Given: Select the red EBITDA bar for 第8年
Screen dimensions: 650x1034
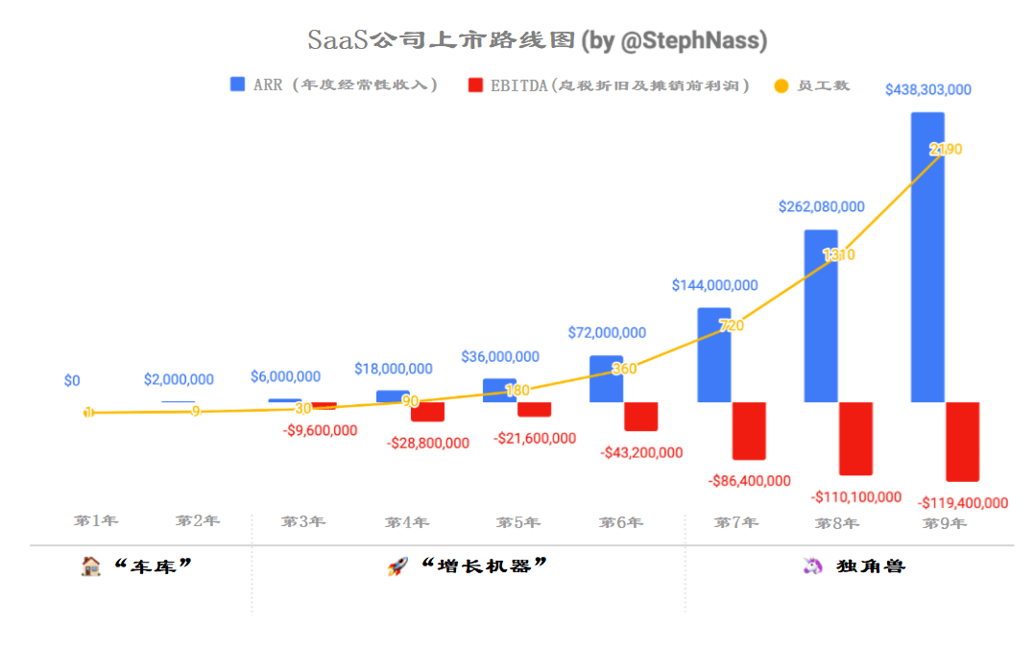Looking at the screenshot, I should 855,438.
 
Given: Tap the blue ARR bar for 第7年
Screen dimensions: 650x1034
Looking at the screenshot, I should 713,354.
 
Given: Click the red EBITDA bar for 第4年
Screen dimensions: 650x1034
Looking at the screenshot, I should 427,412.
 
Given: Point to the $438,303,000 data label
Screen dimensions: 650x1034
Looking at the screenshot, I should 927,90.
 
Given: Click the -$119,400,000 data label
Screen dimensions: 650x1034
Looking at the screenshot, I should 963,503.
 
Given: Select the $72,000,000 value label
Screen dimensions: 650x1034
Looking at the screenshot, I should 607,333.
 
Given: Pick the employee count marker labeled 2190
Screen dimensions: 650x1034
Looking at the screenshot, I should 945,150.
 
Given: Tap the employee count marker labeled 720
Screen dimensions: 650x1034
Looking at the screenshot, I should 731,326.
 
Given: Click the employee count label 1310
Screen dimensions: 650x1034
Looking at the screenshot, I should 838,255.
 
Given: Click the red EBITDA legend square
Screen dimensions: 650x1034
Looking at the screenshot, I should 475,84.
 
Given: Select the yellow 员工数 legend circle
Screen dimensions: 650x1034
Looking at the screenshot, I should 781,85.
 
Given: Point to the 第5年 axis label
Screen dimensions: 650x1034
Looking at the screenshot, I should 517,522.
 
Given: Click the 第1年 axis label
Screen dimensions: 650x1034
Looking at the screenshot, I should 96,520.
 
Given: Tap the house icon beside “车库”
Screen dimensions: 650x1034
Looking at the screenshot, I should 90,566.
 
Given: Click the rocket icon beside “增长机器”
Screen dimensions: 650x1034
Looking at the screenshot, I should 397,566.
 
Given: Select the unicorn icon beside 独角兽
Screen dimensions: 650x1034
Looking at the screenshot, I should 813,566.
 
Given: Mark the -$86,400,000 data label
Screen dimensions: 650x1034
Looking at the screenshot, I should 749,481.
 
